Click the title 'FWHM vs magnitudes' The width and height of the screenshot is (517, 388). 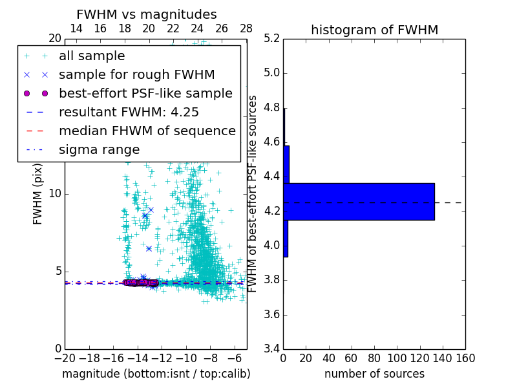pyautogui.click(x=147, y=15)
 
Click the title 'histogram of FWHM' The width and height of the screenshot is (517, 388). pyautogui.click(x=374, y=30)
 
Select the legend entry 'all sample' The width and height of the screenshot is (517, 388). pyautogui.click(x=92, y=56)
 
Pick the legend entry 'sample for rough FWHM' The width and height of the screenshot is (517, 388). pyautogui.click(x=136, y=75)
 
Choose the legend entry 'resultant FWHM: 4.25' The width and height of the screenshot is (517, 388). pyautogui.click(x=129, y=113)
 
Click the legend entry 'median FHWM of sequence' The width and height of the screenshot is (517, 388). pyautogui.click(x=147, y=131)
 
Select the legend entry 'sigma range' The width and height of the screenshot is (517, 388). pyautogui.click(x=99, y=150)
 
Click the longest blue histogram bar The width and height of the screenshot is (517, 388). pyautogui.click(x=359, y=202)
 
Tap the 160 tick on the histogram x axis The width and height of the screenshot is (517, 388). pyautogui.click(x=465, y=358)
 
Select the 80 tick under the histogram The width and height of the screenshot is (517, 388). pyautogui.click(x=374, y=358)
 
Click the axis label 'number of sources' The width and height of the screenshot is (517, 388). pyautogui.click(x=374, y=374)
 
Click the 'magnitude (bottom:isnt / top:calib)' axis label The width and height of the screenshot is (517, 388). pyautogui.click(x=156, y=374)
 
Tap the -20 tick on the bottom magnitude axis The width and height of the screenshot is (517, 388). pyautogui.click(x=65, y=358)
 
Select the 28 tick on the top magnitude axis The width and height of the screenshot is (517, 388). pyautogui.click(x=246, y=28)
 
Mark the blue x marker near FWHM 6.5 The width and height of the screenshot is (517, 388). pyautogui.click(x=149, y=248)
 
